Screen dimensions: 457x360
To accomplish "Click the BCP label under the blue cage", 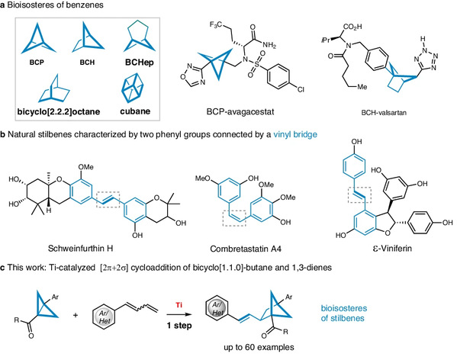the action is [37, 63].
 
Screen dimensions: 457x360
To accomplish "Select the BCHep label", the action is [140, 63].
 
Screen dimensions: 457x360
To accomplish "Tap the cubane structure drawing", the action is [132, 88].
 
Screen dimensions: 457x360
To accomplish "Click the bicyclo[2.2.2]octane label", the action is [59, 111].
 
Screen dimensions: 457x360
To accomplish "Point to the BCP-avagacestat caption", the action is [240, 111].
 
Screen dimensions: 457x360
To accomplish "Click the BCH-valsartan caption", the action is [384, 113].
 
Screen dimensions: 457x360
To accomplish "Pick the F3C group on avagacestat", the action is [216, 24].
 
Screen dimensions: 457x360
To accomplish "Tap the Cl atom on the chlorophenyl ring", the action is [301, 89].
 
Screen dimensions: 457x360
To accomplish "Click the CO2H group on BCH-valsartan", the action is [352, 27].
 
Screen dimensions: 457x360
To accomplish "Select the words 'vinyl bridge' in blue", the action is [295, 134].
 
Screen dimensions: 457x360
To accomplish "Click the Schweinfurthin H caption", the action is [80, 248].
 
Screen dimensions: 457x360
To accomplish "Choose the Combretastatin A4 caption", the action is [246, 249].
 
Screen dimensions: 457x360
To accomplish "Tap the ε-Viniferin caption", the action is [392, 248].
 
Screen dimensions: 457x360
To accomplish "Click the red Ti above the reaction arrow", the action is [179, 305].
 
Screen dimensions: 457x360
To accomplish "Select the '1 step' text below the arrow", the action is [179, 325].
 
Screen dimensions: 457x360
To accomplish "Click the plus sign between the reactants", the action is [76, 316].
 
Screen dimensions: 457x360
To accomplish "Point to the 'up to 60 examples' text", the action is [259, 347].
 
